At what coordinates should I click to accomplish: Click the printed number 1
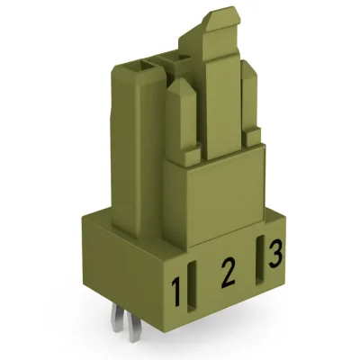click(x=179, y=290)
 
